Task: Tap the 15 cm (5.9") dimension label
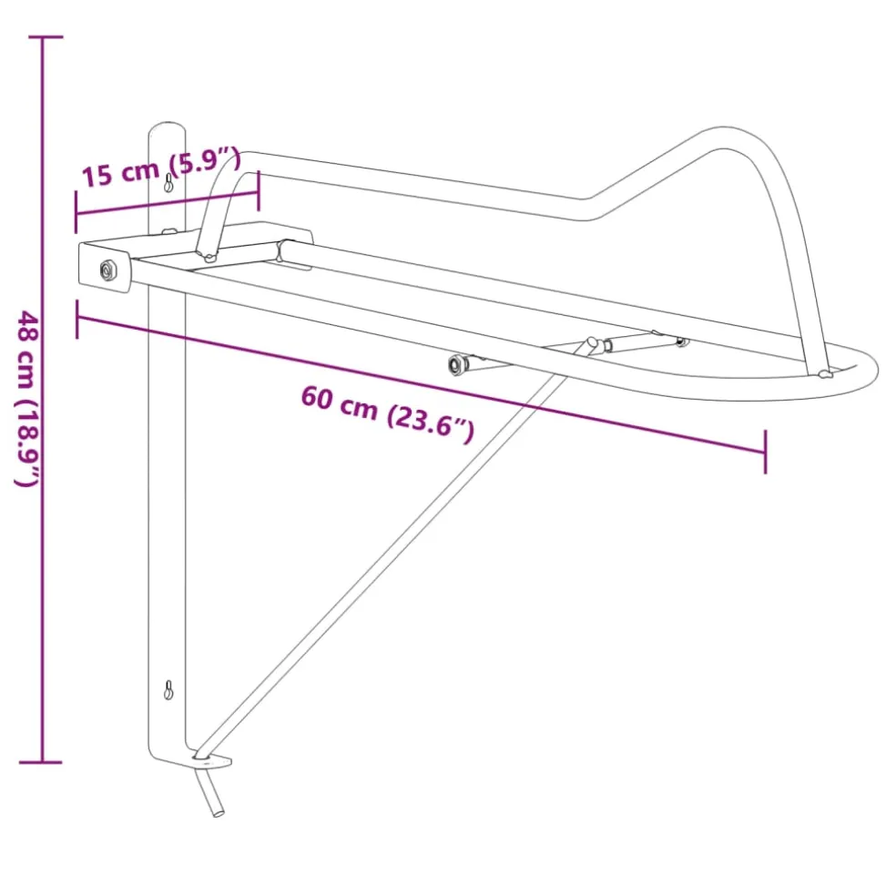[x=161, y=167]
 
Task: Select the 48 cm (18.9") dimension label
[x=27, y=398]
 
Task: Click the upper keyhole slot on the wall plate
[x=168, y=183]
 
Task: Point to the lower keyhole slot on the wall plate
[x=168, y=690]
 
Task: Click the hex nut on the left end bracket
[x=108, y=270]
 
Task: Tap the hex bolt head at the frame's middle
[x=457, y=364]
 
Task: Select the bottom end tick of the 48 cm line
[x=41, y=762]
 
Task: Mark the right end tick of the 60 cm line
[x=765, y=452]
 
